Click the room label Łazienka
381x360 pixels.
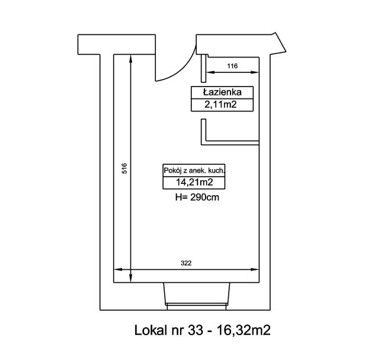point(222,92)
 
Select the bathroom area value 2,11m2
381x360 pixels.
point(220,104)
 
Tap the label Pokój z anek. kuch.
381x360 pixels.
point(194,171)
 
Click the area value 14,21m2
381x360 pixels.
point(194,182)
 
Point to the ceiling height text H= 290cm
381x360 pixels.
point(197,197)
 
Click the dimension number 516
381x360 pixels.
point(124,168)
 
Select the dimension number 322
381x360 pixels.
point(186,263)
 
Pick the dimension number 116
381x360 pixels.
point(232,66)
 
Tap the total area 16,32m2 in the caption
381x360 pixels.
point(243,330)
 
